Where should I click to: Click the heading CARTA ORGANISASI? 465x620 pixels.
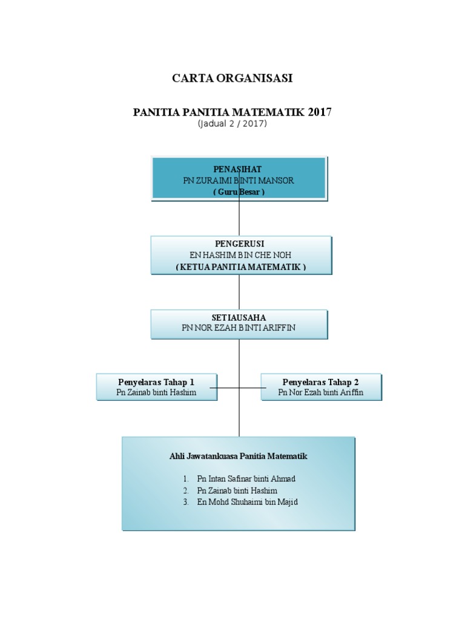[232, 78]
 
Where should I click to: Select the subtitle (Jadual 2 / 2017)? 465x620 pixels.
[232, 124]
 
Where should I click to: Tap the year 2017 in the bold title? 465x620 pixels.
[319, 112]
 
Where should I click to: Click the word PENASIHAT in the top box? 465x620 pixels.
[238, 169]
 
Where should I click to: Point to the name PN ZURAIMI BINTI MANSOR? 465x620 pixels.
[239, 180]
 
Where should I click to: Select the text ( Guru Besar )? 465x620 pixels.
[239, 191]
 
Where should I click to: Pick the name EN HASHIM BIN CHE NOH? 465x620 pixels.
[240, 255]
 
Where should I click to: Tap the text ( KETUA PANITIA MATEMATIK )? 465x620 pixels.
[240, 266]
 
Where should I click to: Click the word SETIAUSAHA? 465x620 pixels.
[239, 317]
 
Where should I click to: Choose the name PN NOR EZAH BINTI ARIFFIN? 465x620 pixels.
[239, 328]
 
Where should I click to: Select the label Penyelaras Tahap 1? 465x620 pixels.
[156, 382]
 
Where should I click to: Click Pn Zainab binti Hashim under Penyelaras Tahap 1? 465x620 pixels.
[156, 393]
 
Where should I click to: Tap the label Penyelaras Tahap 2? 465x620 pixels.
[321, 382]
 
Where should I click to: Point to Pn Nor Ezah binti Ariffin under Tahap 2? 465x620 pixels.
[321, 393]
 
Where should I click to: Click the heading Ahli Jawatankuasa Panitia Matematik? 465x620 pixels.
[239, 456]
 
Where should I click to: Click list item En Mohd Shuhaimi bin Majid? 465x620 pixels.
[247, 502]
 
